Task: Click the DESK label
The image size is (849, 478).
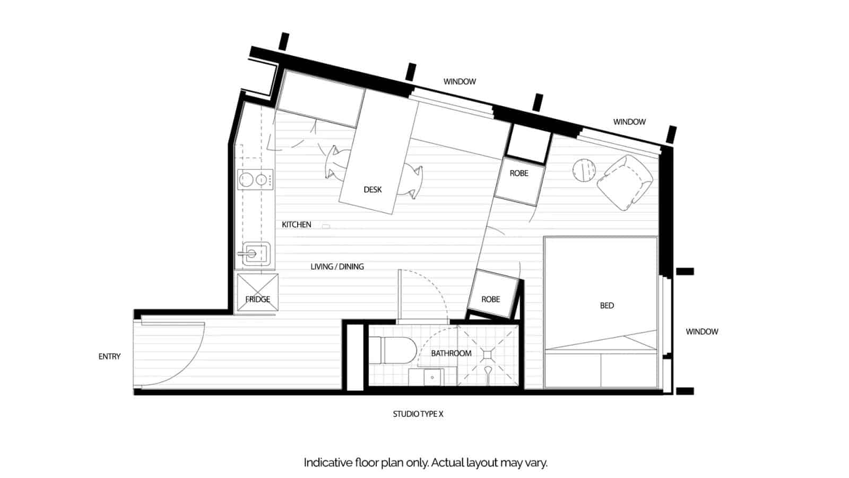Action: pos(372,190)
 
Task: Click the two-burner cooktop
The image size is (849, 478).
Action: pos(255,180)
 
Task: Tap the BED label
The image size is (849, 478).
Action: pos(607,305)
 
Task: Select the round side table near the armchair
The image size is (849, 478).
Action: pos(584,170)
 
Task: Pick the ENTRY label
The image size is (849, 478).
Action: pos(109,356)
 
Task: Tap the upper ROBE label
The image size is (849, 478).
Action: pos(518,173)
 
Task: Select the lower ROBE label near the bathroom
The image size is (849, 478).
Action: pos(490,300)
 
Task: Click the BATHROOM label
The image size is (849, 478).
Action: pos(451,353)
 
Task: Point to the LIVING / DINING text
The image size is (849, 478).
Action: pos(337,267)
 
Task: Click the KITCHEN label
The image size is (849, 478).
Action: pos(296,225)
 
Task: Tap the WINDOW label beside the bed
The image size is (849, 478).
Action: pos(701,331)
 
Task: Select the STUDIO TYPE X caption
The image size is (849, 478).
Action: pos(418,414)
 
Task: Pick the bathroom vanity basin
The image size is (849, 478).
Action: pos(432,377)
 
